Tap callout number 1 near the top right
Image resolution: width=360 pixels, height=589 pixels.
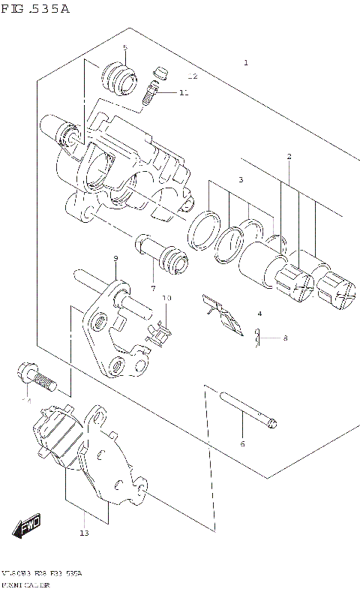[x=245, y=63]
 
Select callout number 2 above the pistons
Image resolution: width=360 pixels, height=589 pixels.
[x=289, y=156]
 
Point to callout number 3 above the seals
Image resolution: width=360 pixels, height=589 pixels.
[x=241, y=180]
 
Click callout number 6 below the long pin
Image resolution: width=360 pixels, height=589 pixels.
[x=242, y=444]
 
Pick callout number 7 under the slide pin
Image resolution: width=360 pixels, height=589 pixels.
[x=152, y=288]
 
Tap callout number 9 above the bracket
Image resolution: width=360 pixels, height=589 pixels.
[x=116, y=259]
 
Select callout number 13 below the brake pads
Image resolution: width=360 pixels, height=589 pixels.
[x=84, y=533]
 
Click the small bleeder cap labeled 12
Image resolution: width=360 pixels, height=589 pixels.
[x=157, y=73]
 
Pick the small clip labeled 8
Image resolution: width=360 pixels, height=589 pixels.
[x=258, y=339]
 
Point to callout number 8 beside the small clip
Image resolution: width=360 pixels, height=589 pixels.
[x=285, y=338]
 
